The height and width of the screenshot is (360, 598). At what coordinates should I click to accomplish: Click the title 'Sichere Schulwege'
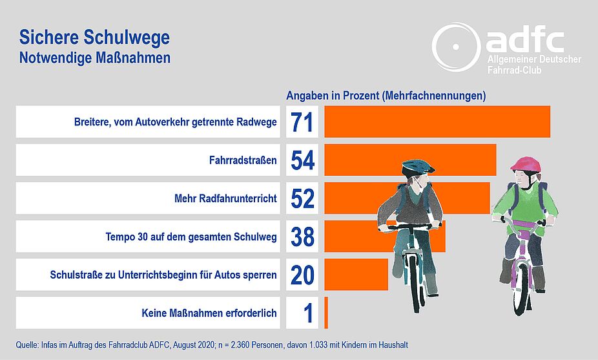tap(94, 37)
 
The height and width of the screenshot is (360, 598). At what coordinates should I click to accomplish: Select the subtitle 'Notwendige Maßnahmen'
tap(94, 58)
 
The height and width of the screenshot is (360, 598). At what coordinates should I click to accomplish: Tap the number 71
tap(302, 122)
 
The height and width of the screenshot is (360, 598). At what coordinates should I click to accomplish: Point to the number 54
tap(302, 160)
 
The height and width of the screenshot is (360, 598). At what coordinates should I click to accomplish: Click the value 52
tap(302, 198)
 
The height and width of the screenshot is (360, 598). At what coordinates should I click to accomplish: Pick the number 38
tap(302, 237)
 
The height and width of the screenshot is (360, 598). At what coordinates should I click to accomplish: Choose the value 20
tap(302, 275)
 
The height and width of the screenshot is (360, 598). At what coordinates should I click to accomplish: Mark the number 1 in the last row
tap(308, 313)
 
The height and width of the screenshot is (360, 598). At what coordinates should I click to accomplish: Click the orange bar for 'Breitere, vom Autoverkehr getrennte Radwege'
tap(437, 122)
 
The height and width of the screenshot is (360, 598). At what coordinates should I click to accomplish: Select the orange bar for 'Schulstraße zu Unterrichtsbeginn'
tap(356, 275)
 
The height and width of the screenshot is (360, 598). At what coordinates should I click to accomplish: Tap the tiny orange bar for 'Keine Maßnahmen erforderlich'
tap(326, 313)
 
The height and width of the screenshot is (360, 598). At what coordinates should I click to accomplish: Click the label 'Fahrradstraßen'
tap(243, 160)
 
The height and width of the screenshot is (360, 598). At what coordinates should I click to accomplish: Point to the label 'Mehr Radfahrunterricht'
tap(225, 198)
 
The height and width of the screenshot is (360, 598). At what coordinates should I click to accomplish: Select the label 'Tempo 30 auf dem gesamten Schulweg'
tap(191, 237)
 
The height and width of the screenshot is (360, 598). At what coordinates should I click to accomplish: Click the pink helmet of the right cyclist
tap(526, 164)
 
